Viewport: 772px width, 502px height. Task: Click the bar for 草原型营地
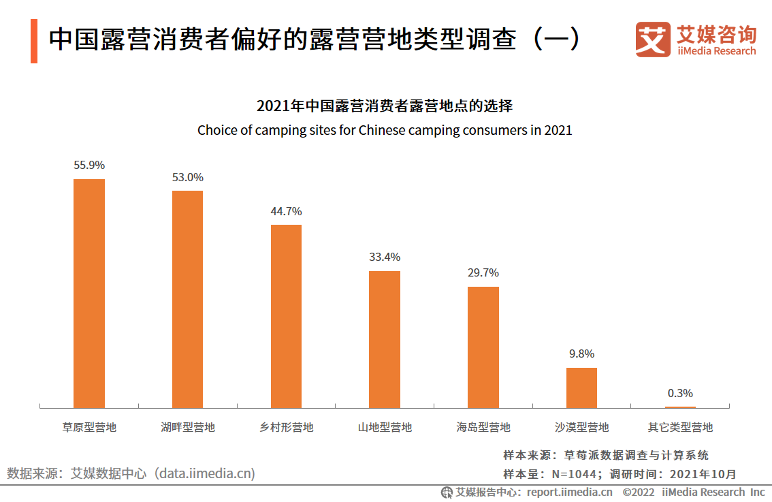coord(89,293)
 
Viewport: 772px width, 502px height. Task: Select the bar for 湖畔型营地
coord(187,299)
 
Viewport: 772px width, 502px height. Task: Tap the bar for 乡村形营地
coord(286,316)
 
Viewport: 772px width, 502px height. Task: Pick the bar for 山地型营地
coord(385,339)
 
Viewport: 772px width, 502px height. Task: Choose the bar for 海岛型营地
coord(483,347)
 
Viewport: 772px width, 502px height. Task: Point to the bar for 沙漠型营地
coord(581,388)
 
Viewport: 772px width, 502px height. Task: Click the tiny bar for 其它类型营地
coord(680,407)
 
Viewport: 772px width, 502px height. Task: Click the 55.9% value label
coord(89,165)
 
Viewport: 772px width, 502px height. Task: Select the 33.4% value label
coord(385,257)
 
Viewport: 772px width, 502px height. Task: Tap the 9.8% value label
coord(581,354)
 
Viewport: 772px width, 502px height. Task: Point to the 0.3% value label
coord(680,393)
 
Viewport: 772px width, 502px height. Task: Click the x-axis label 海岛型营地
coord(483,428)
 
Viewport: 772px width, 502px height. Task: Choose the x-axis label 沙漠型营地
coord(582,428)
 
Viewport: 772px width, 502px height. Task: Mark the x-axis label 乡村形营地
coord(287,428)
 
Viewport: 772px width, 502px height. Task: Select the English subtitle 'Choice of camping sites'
coord(385,130)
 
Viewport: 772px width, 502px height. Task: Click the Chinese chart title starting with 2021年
coord(385,106)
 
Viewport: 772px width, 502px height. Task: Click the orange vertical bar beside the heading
coord(34,41)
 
